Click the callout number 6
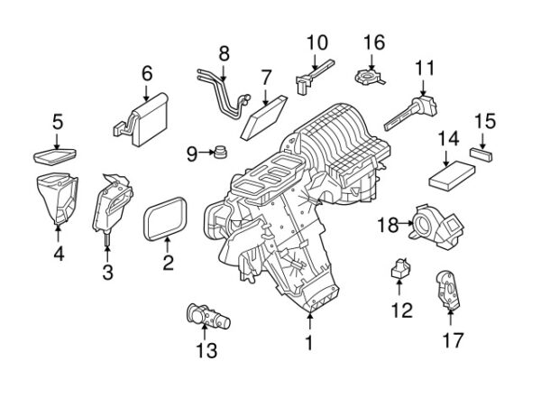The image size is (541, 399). [147, 74]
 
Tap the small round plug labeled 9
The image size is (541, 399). [220, 152]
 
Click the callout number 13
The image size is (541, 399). [206, 350]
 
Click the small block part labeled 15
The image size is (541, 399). [481, 154]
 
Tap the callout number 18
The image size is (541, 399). [388, 225]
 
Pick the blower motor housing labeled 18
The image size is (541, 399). [436, 227]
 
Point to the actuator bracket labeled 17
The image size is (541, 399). [447, 290]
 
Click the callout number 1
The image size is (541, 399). [309, 343]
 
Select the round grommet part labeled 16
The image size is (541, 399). [369, 77]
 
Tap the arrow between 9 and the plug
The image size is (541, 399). [207, 152]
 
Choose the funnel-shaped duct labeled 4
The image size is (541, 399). [58, 198]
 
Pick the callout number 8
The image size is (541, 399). [224, 53]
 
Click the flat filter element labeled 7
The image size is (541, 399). [264, 117]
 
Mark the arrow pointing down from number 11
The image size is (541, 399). [424, 88]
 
